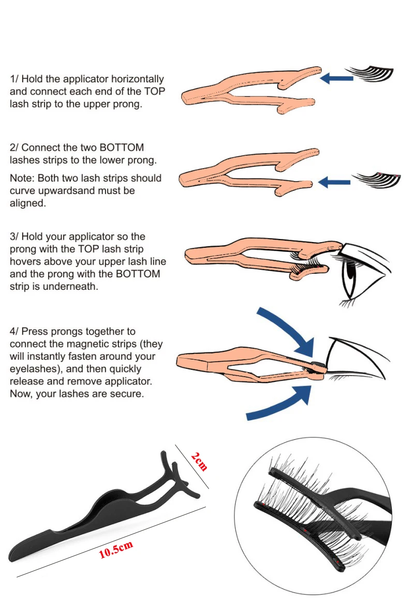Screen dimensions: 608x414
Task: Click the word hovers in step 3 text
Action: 25,261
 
